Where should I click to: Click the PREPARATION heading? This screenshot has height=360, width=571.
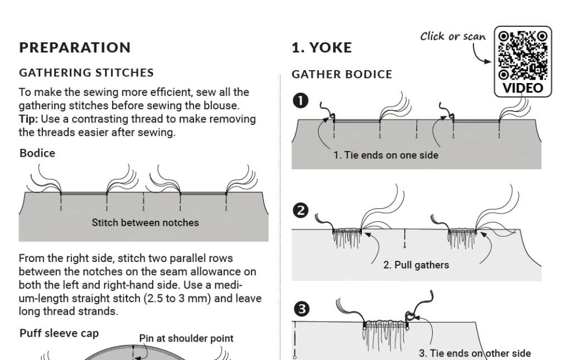75,48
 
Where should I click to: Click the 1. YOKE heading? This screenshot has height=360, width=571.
322,48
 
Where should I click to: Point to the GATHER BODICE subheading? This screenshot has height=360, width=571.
342,74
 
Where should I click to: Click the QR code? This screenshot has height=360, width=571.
523,55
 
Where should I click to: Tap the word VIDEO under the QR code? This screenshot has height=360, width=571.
523,87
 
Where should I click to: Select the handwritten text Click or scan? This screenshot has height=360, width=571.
453,36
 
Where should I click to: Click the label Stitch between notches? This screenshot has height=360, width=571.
144,222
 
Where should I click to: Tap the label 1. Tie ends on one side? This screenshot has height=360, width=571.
386,155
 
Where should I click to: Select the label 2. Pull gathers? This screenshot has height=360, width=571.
416,265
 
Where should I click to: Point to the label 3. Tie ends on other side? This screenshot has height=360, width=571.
474,353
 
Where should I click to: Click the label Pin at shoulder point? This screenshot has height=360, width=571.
186,338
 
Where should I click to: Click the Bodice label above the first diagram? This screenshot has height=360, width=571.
37,153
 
